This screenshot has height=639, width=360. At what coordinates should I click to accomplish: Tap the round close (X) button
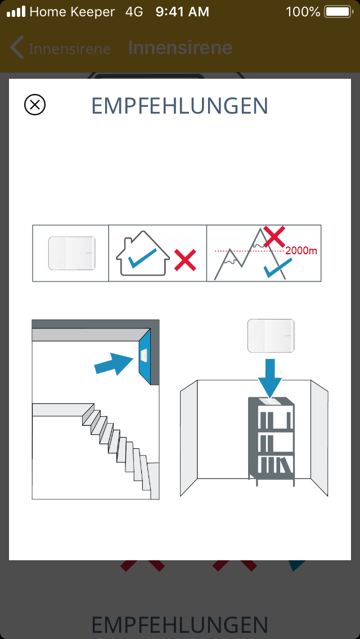[x=35, y=105]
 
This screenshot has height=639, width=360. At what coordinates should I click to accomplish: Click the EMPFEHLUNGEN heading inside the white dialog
[x=180, y=106]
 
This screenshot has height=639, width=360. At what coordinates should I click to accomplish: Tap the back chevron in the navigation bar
[x=17, y=48]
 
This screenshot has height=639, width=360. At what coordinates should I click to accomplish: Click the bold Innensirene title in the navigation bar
[x=180, y=48]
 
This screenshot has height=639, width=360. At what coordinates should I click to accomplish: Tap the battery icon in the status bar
[x=339, y=12]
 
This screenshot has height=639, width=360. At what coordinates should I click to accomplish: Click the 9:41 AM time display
[x=182, y=12]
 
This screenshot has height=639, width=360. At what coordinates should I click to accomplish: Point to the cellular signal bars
[x=16, y=11]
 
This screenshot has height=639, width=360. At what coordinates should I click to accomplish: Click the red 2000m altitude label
[x=301, y=251]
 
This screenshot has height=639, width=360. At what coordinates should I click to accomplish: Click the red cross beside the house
[x=185, y=260]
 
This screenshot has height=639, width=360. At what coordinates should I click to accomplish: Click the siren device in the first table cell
[x=72, y=253]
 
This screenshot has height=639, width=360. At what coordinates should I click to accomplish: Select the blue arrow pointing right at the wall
[x=114, y=363]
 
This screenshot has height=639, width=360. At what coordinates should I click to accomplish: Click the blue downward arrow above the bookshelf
[x=269, y=378]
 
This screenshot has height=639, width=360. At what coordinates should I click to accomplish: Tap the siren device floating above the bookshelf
[x=271, y=336]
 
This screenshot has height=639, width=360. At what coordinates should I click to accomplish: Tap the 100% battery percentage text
[x=303, y=12]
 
